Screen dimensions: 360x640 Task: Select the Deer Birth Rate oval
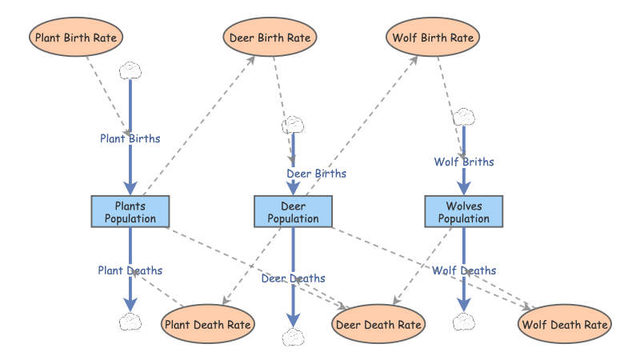pyautogui.click(x=270, y=37)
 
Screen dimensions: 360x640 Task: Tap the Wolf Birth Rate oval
pyautogui.click(x=433, y=37)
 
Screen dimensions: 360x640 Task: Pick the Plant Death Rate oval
pyautogui.click(x=209, y=324)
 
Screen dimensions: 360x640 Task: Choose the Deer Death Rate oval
pyautogui.click(x=378, y=324)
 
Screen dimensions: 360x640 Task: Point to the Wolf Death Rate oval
pyautogui.click(x=566, y=324)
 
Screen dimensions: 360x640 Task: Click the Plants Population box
pyautogui.click(x=130, y=212)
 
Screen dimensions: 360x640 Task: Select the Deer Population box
pyautogui.click(x=293, y=212)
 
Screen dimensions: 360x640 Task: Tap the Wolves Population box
pyautogui.click(x=463, y=212)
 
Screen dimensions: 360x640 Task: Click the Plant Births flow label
pyautogui.click(x=130, y=138)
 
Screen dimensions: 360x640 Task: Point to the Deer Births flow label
pyautogui.click(x=316, y=172)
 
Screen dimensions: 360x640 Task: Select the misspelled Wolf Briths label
pyautogui.click(x=464, y=162)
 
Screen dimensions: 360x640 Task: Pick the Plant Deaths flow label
pyautogui.click(x=130, y=270)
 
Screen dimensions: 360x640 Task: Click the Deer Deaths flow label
pyautogui.click(x=293, y=278)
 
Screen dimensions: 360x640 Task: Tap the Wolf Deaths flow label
pyautogui.click(x=464, y=270)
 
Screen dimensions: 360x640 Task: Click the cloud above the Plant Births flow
pyautogui.click(x=130, y=70)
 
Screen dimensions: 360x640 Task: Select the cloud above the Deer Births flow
pyautogui.click(x=294, y=125)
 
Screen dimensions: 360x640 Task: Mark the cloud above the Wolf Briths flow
pyautogui.click(x=464, y=117)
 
